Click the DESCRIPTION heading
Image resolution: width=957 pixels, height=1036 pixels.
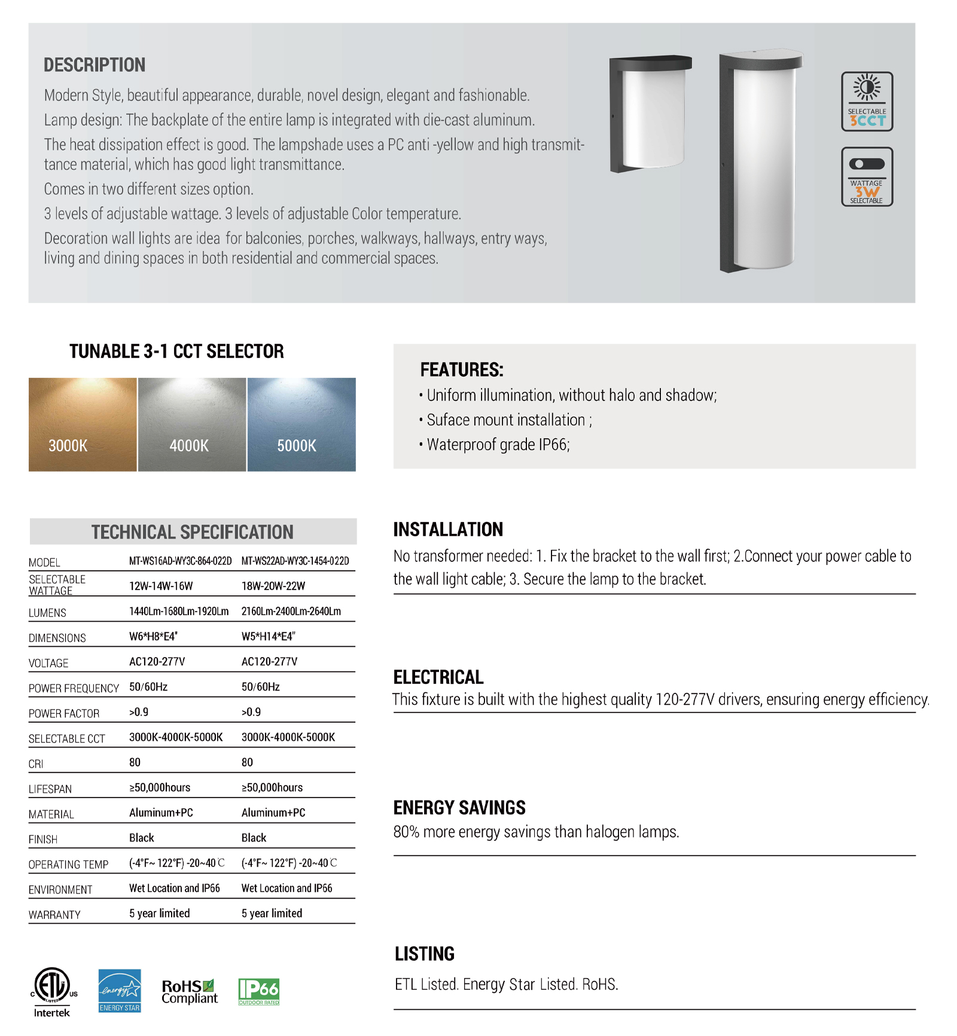[95, 65]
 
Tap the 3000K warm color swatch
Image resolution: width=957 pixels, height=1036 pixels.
[83, 424]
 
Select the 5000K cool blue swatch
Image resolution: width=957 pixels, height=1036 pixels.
[301, 424]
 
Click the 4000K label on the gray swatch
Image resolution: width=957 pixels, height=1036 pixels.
[189, 445]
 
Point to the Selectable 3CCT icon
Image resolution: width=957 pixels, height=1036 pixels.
[867, 102]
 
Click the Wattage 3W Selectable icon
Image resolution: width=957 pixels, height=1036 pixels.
[867, 177]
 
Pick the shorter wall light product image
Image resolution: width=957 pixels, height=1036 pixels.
[650, 114]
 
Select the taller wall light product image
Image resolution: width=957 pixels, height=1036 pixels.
[760, 161]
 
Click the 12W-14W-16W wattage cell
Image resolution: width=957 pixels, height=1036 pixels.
[161, 586]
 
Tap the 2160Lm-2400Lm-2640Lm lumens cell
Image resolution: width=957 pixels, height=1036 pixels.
[291, 611]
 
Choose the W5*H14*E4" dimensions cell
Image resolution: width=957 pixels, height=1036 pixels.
[269, 637]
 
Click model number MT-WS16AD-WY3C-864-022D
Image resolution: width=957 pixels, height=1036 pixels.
[180, 561]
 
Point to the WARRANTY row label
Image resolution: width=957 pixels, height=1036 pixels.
[54, 915]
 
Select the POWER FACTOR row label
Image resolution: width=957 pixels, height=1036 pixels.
[64, 713]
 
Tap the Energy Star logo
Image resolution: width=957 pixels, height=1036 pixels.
[120, 991]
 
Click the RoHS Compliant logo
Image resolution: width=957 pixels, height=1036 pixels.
[190, 992]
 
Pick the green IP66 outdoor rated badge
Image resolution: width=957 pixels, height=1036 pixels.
[259, 992]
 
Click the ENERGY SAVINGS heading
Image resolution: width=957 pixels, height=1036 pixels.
[459, 808]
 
